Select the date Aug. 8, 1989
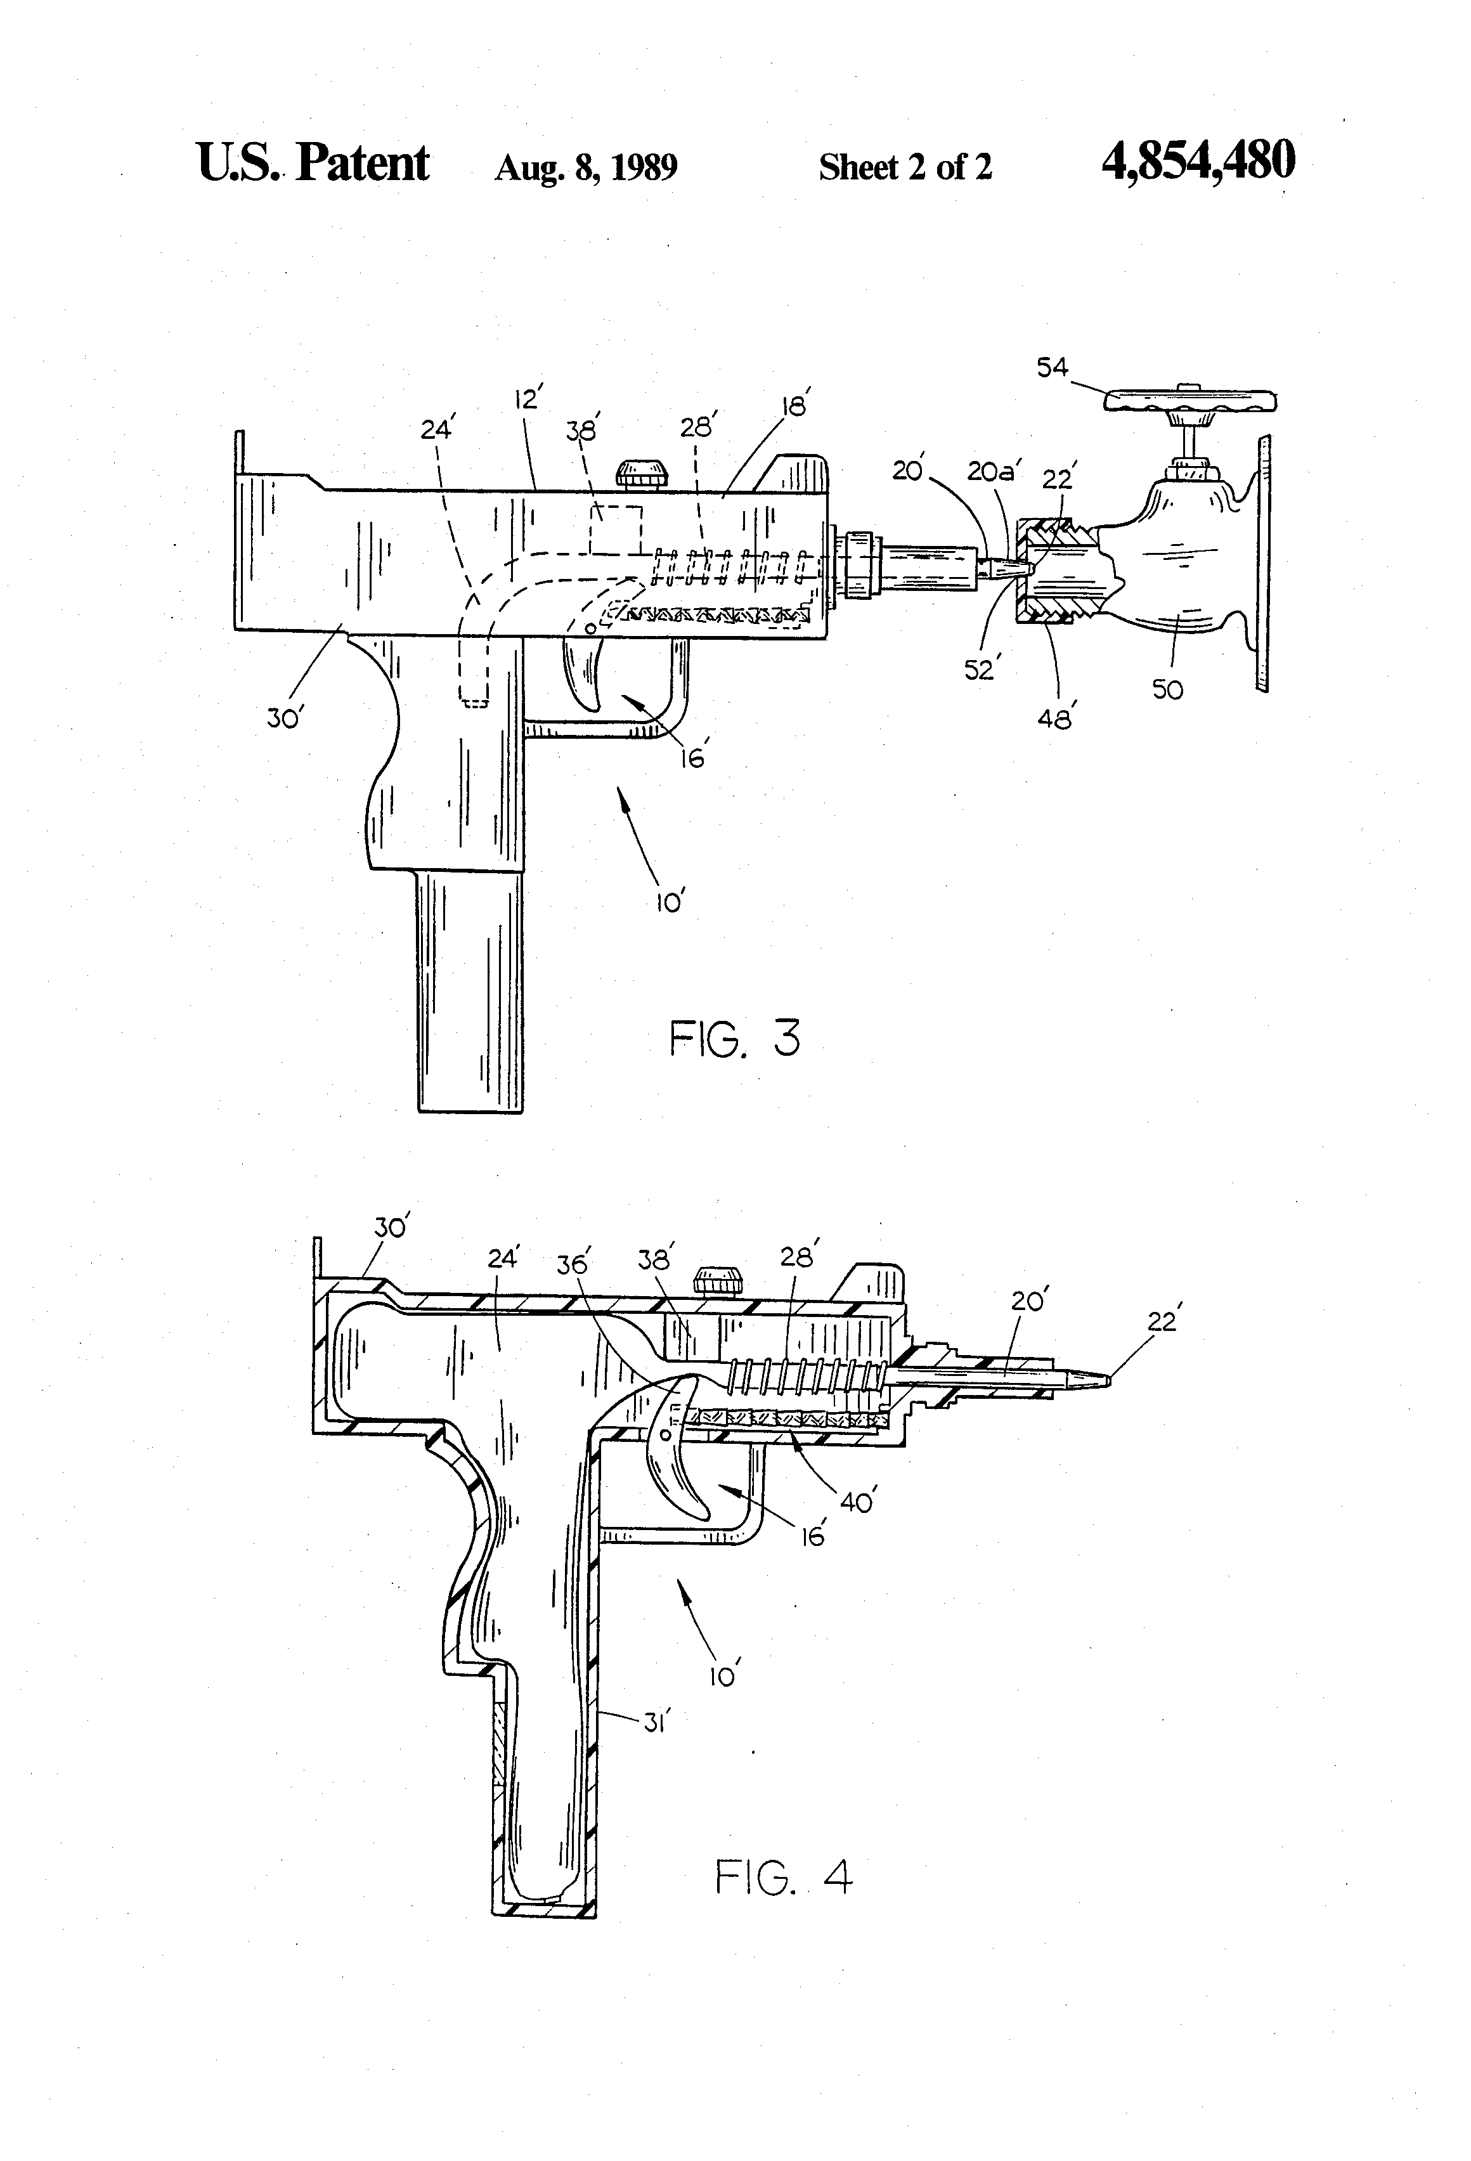(586, 167)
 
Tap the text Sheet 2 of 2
(905, 167)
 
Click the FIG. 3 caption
(735, 1039)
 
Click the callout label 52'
(980, 668)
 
